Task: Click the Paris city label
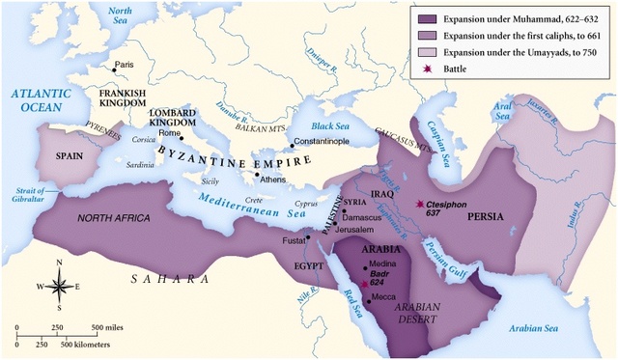(x=123, y=66)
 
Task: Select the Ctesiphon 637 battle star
(x=419, y=205)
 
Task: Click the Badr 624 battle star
(x=364, y=284)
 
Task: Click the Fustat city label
(x=293, y=238)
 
